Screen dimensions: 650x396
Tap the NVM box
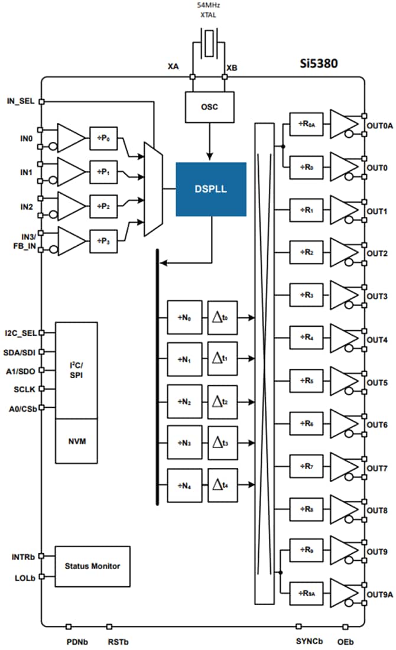[76, 441]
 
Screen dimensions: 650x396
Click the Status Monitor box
[92, 566]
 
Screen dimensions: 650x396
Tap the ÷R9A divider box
[304, 593]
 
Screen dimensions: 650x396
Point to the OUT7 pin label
[377, 468]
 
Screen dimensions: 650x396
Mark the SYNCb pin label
[309, 641]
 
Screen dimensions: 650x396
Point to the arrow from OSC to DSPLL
[209, 142]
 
